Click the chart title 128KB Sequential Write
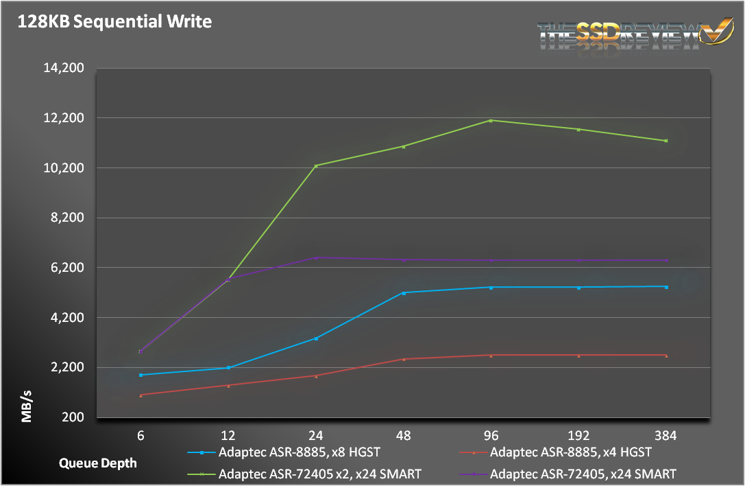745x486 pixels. coord(115,22)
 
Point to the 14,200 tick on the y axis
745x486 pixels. coord(64,68)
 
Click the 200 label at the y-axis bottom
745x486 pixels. coord(74,417)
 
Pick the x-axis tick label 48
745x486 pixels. coord(403,435)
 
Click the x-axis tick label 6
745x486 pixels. coord(141,435)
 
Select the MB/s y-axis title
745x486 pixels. coord(26,406)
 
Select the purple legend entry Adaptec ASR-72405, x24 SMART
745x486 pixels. coord(583,474)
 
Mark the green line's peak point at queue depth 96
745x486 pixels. coord(491,121)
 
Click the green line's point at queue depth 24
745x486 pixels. coord(316,165)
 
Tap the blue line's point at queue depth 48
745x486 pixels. coord(404,293)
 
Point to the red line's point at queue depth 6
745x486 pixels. coord(141,395)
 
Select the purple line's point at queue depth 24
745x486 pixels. coord(316,257)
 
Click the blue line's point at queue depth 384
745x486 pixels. coord(666,287)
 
